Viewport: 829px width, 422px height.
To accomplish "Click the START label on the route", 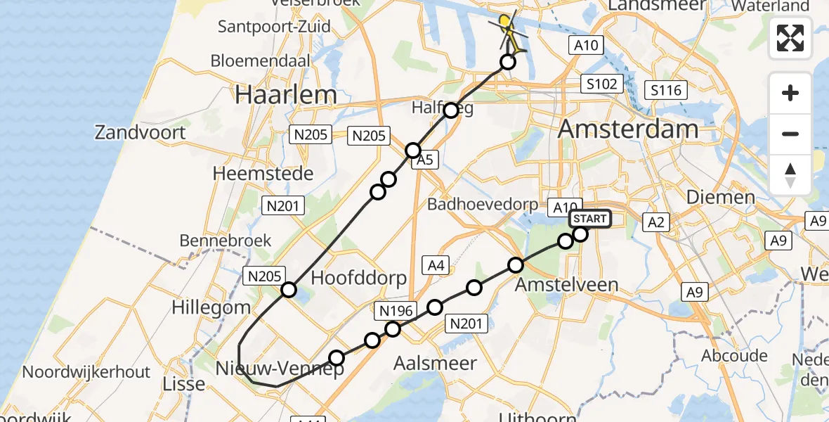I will click(x=589, y=219).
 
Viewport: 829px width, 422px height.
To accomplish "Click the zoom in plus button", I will click(x=790, y=93).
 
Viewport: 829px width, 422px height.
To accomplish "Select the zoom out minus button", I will click(x=790, y=134).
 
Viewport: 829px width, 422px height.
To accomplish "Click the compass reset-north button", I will click(x=790, y=174).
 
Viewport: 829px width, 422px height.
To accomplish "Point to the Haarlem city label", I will click(x=286, y=94).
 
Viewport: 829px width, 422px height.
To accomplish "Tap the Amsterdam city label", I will click(x=628, y=129).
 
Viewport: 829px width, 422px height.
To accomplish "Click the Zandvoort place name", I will click(x=141, y=132).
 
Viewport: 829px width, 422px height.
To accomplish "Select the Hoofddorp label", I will click(x=358, y=277).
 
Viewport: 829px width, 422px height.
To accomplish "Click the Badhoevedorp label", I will click(x=483, y=204).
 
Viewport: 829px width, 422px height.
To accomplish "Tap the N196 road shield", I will click(x=398, y=310).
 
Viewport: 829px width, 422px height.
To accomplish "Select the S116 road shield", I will click(x=665, y=90).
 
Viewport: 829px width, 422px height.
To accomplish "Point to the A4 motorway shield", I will click(x=436, y=265).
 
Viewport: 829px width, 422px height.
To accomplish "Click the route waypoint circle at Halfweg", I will click(x=451, y=110).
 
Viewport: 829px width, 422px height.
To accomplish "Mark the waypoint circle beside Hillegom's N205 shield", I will click(x=289, y=290).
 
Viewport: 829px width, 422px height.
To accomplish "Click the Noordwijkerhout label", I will click(x=87, y=371).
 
